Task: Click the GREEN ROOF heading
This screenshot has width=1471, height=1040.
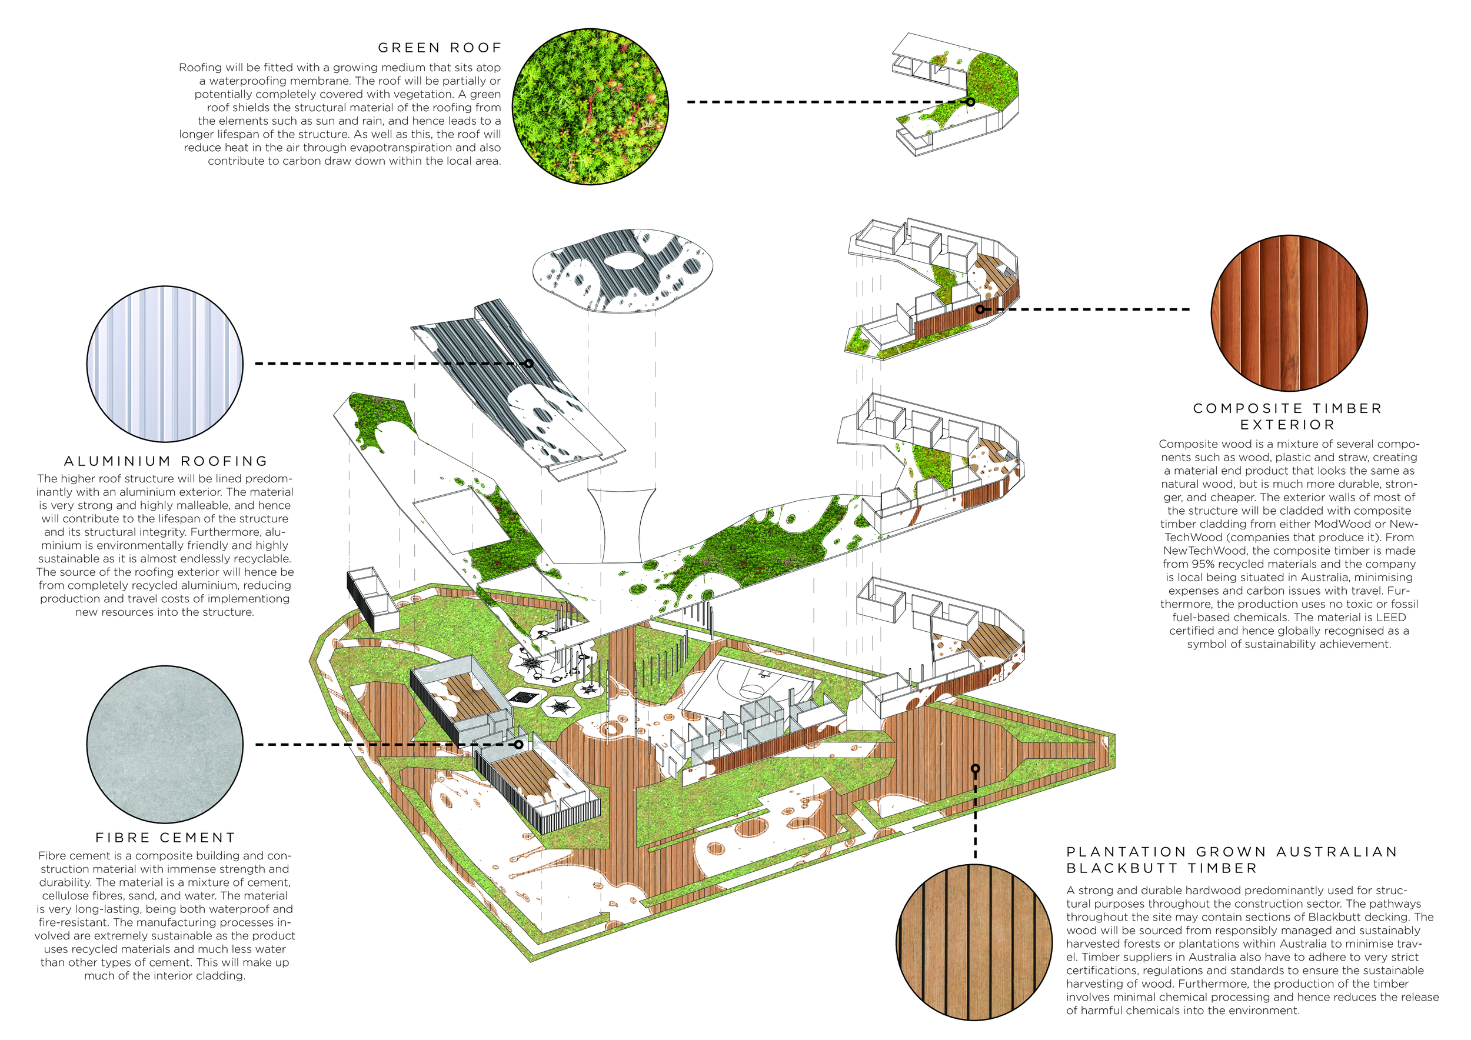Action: pyautogui.click(x=440, y=48)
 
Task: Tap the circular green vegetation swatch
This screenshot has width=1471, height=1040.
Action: pyautogui.click(x=590, y=106)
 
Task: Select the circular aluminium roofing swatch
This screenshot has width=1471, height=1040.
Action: pyautogui.click(x=165, y=364)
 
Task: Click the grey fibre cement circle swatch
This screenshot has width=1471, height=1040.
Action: pyautogui.click(x=165, y=745)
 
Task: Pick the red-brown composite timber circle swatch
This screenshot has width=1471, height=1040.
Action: pyautogui.click(x=1289, y=313)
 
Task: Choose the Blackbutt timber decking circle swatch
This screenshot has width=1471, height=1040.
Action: pyautogui.click(x=974, y=941)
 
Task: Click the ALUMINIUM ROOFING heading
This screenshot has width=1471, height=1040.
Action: pyautogui.click(x=166, y=461)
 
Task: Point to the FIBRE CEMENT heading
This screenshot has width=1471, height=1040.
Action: pyautogui.click(x=165, y=838)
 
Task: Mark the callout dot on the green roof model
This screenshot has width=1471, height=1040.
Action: pyautogui.click(x=971, y=102)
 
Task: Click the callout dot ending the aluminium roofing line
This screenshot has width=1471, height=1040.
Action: pyautogui.click(x=528, y=363)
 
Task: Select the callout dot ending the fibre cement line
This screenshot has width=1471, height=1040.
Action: pyautogui.click(x=518, y=745)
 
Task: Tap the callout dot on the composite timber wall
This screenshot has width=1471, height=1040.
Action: pyautogui.click(x=980, y=309)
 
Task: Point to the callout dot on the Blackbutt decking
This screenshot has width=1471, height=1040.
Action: pyautogui.click(x=975, y=768)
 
